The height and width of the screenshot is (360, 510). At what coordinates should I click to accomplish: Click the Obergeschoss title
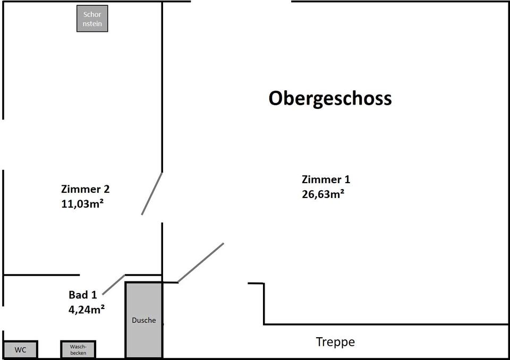(330, 98)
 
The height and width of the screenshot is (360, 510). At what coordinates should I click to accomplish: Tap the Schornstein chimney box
(92, 19)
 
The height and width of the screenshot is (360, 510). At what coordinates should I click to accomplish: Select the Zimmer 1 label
(326, 179)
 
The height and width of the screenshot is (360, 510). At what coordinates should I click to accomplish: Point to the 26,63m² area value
(323, 194)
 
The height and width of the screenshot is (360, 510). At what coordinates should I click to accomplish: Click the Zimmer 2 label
(86, 189)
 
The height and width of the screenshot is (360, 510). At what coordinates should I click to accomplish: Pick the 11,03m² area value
(82, 203)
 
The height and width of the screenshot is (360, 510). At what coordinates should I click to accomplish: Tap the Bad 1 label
(83, 295)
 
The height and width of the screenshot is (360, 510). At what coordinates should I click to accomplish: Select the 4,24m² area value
(87, 309)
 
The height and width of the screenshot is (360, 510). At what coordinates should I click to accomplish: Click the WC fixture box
(20, 349)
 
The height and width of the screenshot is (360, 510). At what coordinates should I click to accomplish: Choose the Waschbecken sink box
(78, 349)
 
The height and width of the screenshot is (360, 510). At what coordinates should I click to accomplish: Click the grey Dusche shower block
(144, 320)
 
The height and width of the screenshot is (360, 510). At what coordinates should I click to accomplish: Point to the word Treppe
(335, 342)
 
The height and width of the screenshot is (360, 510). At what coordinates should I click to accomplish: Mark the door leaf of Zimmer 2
(152, 193)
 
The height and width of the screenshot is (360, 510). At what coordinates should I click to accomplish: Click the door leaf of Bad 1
(114, 285)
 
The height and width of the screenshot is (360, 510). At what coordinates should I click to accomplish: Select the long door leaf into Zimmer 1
(201, 263)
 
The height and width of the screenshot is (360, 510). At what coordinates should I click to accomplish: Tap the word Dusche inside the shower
(144, 320)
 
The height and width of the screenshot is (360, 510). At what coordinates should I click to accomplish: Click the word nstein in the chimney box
(92, 24)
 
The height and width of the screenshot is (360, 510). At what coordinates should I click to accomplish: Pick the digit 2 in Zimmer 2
(107, 189)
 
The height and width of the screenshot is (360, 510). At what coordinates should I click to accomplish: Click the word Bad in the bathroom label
(78, 295)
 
